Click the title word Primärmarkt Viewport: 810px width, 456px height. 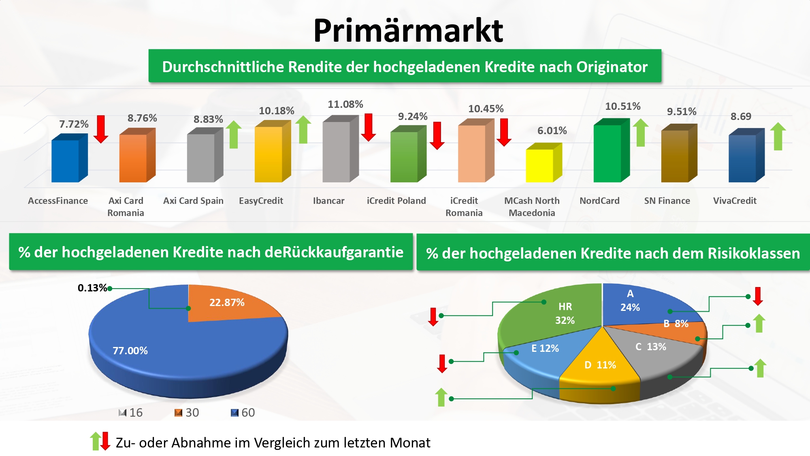pos(408,30)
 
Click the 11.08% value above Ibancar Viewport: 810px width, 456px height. pos(345,104)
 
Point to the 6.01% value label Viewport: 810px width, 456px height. pos(552,131)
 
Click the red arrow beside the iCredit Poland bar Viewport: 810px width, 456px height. pos(437,135)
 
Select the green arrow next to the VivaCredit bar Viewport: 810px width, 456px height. pos(778,136)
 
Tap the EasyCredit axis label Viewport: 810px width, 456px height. pos(261,201)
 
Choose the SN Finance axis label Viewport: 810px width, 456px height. pos(667,201)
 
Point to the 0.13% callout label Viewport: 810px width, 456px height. pos(92,288)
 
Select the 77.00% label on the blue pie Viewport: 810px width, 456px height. pos(130,351)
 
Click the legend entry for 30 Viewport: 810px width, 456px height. pos(187,413)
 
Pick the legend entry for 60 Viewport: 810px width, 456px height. pos(243,413)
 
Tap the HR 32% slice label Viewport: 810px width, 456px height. pos(565,313)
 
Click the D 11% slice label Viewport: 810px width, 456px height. pos(600,365)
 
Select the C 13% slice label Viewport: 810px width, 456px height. pos(650,347)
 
